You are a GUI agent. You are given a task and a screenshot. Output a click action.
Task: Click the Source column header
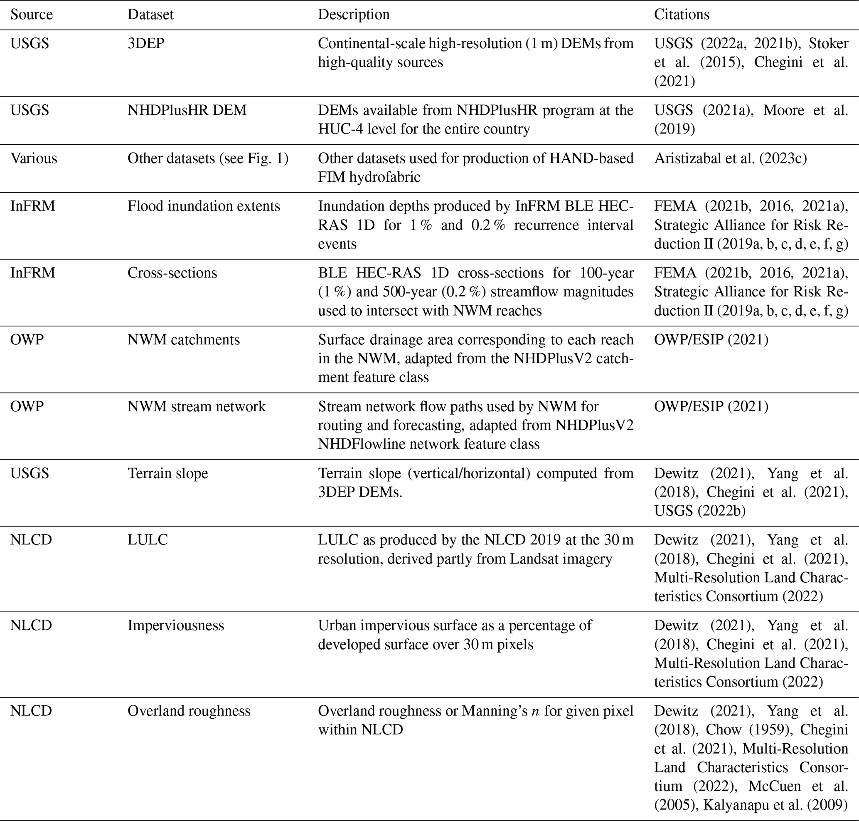(32, 15)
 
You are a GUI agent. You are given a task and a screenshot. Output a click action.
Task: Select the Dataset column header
(150, 15)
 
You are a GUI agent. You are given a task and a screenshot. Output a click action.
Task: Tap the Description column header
(353, 15)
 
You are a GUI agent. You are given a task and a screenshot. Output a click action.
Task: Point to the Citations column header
(682, 15)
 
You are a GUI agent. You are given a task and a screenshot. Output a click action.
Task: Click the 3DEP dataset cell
(146, 43)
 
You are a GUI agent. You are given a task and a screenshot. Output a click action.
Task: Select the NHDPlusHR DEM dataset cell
(187, 110)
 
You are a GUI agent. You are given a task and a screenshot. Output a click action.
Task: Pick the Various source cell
(34, 158)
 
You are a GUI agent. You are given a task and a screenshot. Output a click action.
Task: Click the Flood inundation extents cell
(204, 206)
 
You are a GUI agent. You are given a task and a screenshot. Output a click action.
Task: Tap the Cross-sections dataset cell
(172, 273)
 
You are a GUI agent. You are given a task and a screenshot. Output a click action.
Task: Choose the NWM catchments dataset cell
(184, 340)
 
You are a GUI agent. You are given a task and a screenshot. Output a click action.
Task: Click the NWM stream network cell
(197, 406)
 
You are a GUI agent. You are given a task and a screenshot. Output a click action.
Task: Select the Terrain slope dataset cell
(167, 473)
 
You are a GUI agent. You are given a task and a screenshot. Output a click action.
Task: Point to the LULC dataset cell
(148, 539)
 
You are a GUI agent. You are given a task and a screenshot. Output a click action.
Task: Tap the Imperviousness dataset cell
(176, 625)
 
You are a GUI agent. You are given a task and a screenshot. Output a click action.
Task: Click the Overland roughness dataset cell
(189, 711)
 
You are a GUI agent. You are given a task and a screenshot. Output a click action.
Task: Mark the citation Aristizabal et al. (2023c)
(731, 158)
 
